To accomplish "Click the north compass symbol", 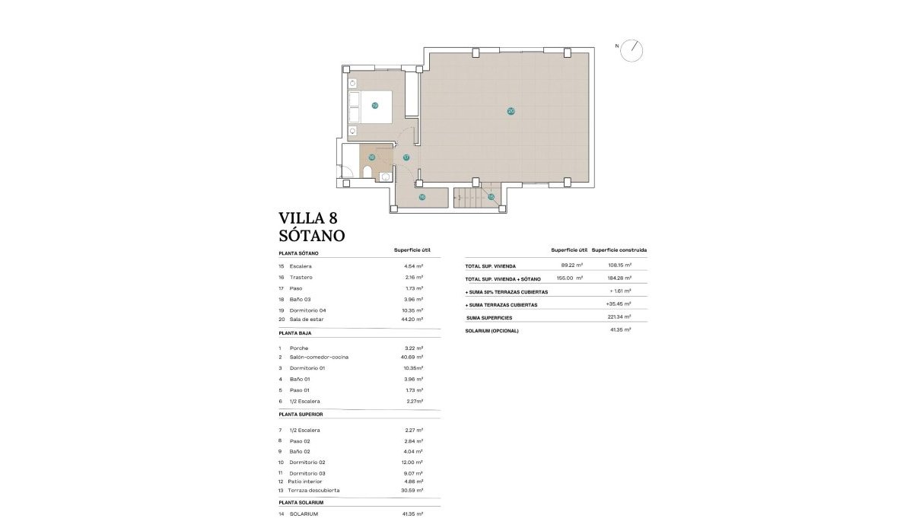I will (631, 50).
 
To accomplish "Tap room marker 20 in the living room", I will (511, 111).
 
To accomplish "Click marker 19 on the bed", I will (374, 106).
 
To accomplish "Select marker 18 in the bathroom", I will (371, 157).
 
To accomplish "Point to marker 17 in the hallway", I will (406, 157).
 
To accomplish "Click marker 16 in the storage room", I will (422, 197).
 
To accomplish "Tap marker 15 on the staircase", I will (491, 197).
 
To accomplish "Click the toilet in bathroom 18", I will (368, 174).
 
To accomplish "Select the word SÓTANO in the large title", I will (312, 236).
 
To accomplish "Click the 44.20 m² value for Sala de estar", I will (413, 320).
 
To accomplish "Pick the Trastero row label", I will (301, 277).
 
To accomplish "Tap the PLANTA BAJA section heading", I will (295, 333).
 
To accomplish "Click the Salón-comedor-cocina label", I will (320, 357).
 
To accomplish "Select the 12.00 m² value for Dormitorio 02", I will (413, 463).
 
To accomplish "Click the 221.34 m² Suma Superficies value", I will (620, 316).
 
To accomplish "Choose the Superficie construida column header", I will (619, 250).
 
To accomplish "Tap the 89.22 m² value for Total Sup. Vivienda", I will (571, 265).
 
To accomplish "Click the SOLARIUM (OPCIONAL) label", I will (491, 331).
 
